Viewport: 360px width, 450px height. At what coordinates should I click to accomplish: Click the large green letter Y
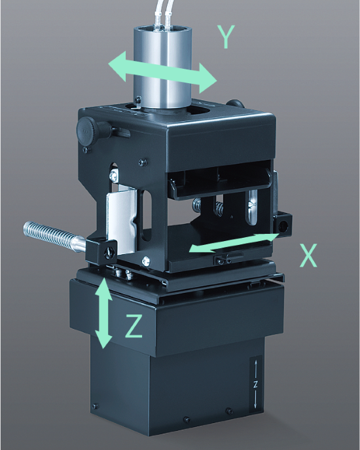(x=226, y=37)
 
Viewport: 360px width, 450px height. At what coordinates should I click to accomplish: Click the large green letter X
(x=308, y=255)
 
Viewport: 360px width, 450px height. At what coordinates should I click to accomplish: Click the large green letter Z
(x=134, y=326)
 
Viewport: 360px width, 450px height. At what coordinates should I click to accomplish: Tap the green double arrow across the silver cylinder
(x=162, y=72)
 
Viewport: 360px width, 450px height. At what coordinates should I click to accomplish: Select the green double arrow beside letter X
(x=234, y=243)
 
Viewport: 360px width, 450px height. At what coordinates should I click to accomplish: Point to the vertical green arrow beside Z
(x=103, y=313)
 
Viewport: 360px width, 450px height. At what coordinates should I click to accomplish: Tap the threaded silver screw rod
(x=54, y=236)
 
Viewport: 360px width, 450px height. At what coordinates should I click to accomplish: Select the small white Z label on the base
(x=255, y=385)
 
